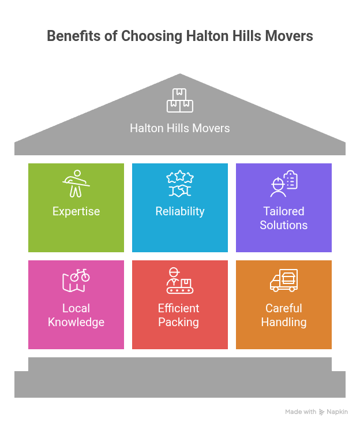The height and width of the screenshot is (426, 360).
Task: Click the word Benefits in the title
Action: [x=74, y=36]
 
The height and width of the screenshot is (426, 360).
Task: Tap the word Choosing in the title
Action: [x=152, y=36]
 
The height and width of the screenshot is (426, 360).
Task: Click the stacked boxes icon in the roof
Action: [x=180, y=100]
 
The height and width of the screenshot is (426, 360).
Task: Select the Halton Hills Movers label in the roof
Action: [x=180, y=128]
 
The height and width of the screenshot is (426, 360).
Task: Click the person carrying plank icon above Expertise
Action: [x=76, y=184]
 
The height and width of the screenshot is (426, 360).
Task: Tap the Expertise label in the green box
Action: [x=76, y=212]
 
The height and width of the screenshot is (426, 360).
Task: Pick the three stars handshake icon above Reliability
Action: [x=180, y=184]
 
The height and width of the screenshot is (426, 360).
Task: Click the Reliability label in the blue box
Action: [x=180, y=212]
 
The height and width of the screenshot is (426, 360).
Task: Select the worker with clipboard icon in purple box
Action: [x=284, y=184]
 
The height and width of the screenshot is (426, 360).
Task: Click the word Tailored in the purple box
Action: [x=284, y=211]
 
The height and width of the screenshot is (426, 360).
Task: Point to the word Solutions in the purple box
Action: [x=284, y=225]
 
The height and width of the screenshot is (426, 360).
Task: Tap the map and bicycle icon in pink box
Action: [x=76, y=281]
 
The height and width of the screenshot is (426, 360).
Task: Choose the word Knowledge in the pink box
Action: [x=76, y=323]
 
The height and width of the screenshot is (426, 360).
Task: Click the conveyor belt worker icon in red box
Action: [x=180, y=281]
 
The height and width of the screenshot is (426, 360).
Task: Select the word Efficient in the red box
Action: [x=179, y=308]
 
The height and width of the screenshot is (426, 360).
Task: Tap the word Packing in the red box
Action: [x=179, y=323]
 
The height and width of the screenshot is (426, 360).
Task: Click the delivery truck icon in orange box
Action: [x=284, y=281]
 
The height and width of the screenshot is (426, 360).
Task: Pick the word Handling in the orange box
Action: [x=284, y=323]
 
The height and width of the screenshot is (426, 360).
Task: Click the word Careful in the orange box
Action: [x=284, y=308]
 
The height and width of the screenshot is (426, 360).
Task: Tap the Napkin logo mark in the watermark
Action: [x=321, y=412]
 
